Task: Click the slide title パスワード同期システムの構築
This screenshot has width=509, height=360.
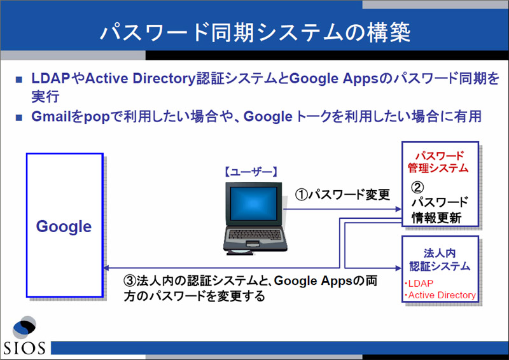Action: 255,32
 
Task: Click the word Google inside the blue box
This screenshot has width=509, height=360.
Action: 64,226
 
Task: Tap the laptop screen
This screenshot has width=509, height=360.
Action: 253,204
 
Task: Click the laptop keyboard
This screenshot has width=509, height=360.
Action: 255,234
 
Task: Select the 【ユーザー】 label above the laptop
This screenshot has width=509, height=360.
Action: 251,172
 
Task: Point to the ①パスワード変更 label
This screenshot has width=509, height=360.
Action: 342,195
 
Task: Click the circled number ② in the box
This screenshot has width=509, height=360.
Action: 417,187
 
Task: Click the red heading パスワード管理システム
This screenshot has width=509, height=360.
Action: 438,162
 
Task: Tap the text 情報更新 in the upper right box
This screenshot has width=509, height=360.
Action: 436,218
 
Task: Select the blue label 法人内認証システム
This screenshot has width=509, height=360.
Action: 440,260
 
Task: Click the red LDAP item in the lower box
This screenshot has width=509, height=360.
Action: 419,284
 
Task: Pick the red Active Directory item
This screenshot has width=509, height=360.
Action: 440,295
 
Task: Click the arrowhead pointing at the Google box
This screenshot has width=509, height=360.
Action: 106,268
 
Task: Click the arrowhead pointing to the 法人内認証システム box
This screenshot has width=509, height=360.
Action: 399,268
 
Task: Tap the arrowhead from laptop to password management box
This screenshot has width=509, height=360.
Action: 399,209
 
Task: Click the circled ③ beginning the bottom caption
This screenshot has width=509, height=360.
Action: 130,280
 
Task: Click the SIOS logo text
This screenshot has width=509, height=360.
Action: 24,348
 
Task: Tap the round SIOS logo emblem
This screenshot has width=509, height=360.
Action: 24,327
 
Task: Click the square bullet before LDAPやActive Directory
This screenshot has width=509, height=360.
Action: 19,80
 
